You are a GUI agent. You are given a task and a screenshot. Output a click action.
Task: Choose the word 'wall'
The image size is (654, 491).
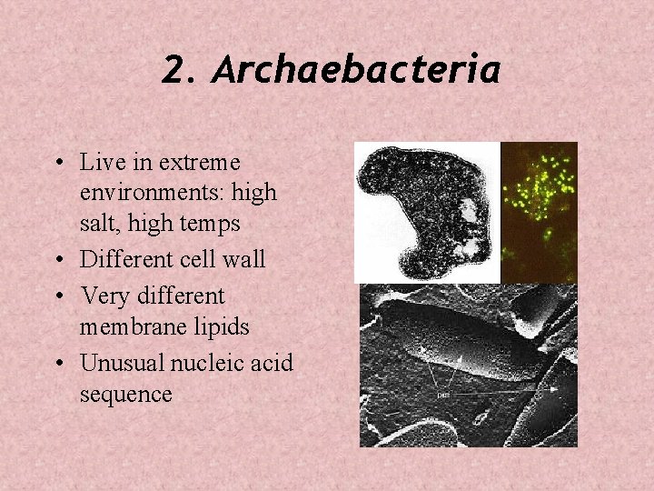[x=245, y=259]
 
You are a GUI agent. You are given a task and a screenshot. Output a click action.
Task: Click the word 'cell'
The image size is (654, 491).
[x=202, y=259]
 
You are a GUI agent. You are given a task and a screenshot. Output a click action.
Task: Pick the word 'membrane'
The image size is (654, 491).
[x=128, y=326]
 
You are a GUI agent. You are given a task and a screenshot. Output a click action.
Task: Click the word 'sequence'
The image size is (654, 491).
[x=125, y=394]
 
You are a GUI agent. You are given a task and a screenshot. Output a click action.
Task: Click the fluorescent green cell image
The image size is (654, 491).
[x=539, y=211]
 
